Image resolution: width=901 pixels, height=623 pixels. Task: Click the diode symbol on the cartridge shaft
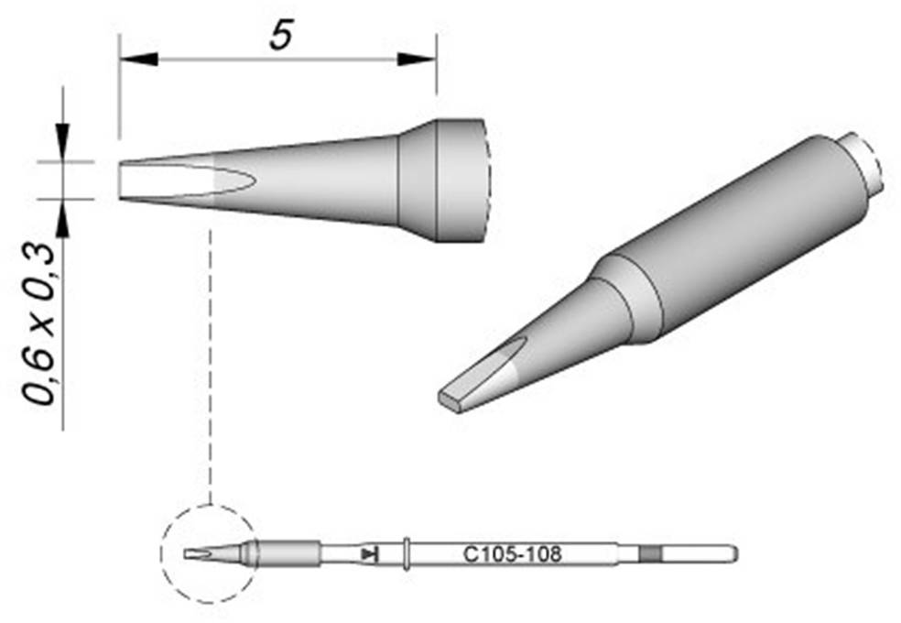(370, 553)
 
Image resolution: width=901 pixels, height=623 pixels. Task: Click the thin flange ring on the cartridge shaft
(405, 553)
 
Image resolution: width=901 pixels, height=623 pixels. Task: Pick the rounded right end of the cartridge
(732, 553)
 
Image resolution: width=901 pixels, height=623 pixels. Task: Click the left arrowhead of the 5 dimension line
(138, 60)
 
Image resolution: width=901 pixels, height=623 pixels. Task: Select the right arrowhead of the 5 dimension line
(417, 60)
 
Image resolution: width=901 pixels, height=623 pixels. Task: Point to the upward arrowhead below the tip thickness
(63, 216)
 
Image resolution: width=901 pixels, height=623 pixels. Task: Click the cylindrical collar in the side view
(458, 180)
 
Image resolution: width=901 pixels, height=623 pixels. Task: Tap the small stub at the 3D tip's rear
(865, 164)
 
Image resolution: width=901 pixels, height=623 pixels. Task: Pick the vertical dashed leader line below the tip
(212, 366)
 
